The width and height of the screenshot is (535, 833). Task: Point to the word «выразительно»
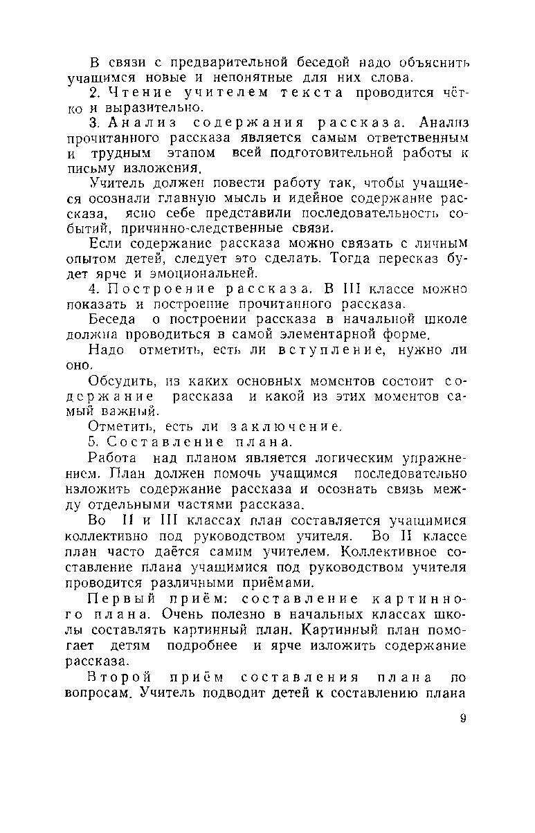pos(145,109)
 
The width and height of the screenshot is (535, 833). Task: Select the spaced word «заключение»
pos(280,427)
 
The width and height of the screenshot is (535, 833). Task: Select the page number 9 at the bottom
pos(462,719)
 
